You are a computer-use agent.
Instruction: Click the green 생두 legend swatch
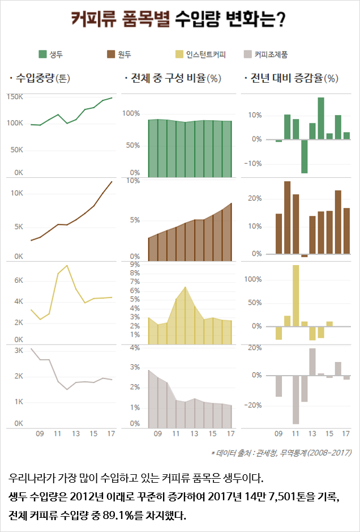coord(43,54)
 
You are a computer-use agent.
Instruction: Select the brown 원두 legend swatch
coord(110,54)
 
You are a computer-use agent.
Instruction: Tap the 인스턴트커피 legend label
coord(206,55)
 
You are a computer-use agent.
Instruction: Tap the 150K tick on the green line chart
coord(15,97)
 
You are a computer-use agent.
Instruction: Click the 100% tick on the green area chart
coord(131,113)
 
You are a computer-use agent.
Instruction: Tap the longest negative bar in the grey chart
coord(295,399)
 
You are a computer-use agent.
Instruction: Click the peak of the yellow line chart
coord(67,265)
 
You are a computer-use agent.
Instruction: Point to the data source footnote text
coord(281,453)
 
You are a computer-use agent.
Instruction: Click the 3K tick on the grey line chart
coord(19,351)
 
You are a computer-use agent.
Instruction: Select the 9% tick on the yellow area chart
coord(135,265)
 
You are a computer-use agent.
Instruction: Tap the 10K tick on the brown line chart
coord(16,193)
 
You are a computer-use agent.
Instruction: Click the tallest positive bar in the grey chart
coord(312,361)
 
